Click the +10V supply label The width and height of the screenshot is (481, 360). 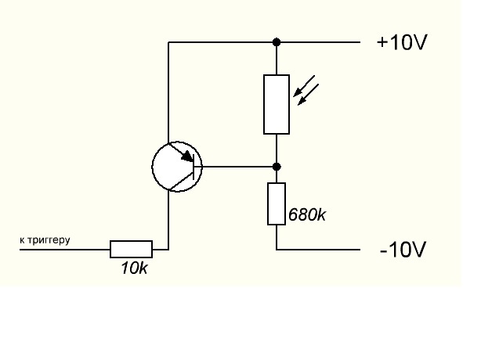pyautogui.click(x=402, y=42)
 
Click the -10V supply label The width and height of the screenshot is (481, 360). pyautogui.click(x=403, y=250)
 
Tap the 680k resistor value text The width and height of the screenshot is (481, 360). pyautogui.click(x=307, y=214)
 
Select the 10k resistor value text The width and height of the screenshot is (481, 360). pyautogui.click(x=135, y=268)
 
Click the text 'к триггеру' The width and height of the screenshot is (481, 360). pyautogui.click(x=45, y=240)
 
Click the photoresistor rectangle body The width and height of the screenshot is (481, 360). pyautogui.click(x=277, y=104)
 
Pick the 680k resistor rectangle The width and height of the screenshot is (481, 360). pyautogui.click(x=277, y=203)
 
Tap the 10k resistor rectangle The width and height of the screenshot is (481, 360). pyautogui.click(x=132, y=249)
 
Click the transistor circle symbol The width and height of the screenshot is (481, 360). pyautogui.click(x=177, y=167)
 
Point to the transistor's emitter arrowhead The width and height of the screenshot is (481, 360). pyautogui.click(x=187, y=157)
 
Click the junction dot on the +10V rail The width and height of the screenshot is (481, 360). pyautogui.click(x=277, y=42)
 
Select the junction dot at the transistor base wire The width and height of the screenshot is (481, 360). pyautogui.click(x=277, y=167)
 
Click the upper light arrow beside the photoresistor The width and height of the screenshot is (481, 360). pyautogui.click(x=304, y=86)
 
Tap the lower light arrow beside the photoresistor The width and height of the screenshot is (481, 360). pyautogui.click(x=309, y=95)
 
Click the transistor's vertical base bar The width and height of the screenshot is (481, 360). pyautogui.click(x=193, y=167)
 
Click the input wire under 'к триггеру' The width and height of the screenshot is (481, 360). pyautogui.click(x=65, y=250)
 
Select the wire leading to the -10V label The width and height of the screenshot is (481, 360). pyautogui.click(x=318, y=250)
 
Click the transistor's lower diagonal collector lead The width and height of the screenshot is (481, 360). pyautogui.click(x=181, y=183)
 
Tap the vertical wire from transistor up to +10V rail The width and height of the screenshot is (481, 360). pyautogui.click(x=168, y=92)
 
